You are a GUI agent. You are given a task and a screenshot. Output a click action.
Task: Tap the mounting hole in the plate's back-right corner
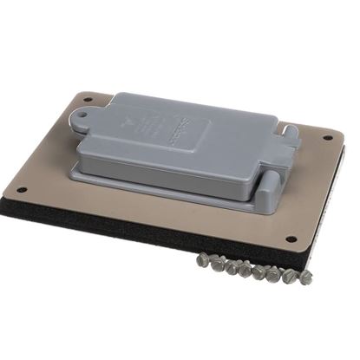click(327, 138)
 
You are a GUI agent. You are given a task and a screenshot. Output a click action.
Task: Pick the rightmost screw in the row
click(305, 278)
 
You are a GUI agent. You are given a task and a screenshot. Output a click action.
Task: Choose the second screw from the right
click(291, 275)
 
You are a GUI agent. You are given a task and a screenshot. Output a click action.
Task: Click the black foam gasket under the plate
click(130, 227)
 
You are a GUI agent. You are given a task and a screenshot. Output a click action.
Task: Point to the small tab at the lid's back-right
click(291, 132)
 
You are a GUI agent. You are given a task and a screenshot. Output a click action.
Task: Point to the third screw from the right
click(277, 273)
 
